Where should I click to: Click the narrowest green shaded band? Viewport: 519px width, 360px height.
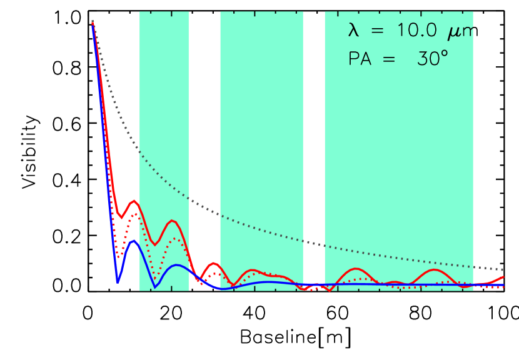pyautogui.click(x=164, y=94)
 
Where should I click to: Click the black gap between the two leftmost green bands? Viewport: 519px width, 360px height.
pyautogui.click(x=204, y=94)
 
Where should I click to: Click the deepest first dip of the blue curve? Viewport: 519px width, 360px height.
pyautogui.click(x=118, y=281)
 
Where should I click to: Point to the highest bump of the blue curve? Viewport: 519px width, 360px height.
pyautogui.click(x=133, y=241)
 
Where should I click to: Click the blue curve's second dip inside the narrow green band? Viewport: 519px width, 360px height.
pyautogui.click(x=156, y=286)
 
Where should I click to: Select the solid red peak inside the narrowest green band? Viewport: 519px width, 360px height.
pyautogui.click(x=173, y=221)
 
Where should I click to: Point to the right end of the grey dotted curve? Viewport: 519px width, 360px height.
pyautogui.click(x=503, y=269)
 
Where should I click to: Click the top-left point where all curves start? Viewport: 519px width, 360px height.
pyautogui.click(x=93, y=22)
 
